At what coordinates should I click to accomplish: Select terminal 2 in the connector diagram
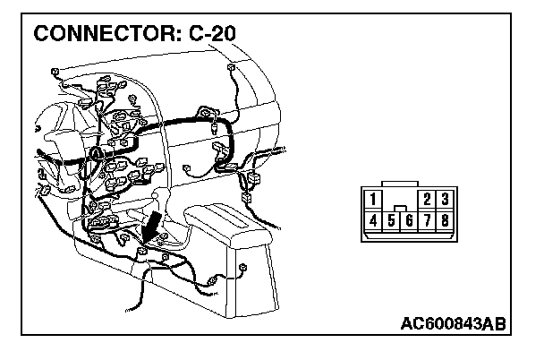coord(428,199)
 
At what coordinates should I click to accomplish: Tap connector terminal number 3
coord(445,199)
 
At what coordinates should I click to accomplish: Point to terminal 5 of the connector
coord(391,219)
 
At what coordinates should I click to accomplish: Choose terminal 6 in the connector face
coord(409,219)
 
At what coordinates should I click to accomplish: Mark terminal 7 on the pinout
coord(427,219)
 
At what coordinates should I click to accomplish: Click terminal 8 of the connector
coord(445,219)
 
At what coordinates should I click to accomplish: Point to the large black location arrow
coord(153,225)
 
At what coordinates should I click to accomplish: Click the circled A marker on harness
coord(96,154)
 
